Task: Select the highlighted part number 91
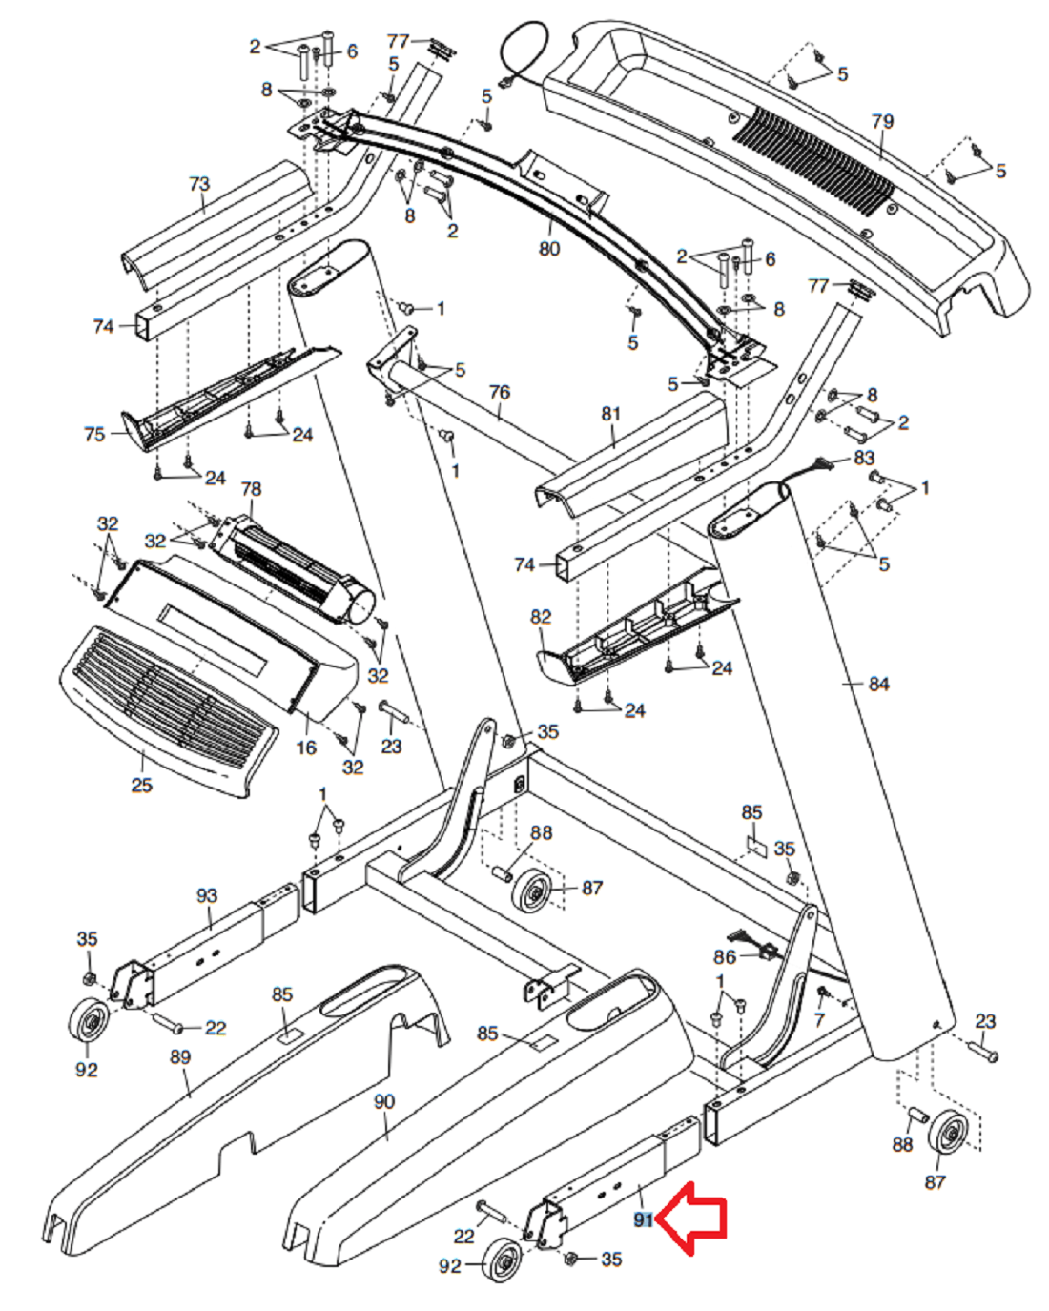click(x=644, y=1219)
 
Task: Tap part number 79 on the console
click(x=882, y=122)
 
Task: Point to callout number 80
click(x=549, y=249)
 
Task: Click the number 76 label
click(x=499, y=392)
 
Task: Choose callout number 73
click(x=199, y=183)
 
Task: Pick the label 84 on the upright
click(x=877, y=684)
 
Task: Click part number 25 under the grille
click(x=141, y=786)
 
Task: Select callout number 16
click(x=305, y=748)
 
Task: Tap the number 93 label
click(x=207, y=895)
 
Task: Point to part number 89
click(x=179, y=1057)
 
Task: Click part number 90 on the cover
click(x=383, y=1102)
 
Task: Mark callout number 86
click(x=725, y=956)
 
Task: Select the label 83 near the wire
click(x=863, y=458)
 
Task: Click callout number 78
click(x=250, y=489)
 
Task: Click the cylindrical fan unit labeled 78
click(x=296, y=567)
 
